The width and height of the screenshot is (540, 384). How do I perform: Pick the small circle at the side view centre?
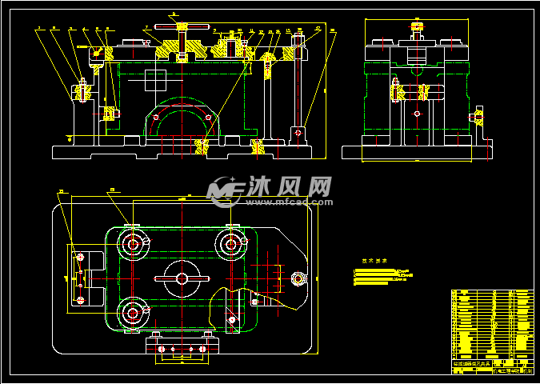(x=416, y=114)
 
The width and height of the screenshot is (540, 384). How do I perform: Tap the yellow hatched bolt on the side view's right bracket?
(x=478, y=118)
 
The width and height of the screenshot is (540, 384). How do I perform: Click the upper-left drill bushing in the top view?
(x=133, y=242)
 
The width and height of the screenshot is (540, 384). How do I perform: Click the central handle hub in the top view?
(x=182, y=278)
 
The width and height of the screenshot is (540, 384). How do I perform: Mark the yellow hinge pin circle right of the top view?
(x=299, y=278)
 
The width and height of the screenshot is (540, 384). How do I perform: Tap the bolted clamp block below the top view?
(x=182, y=347)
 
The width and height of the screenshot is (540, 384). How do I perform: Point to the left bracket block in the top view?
(x=81, y=278)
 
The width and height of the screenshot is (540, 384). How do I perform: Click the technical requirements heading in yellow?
(x=374, y=261)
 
